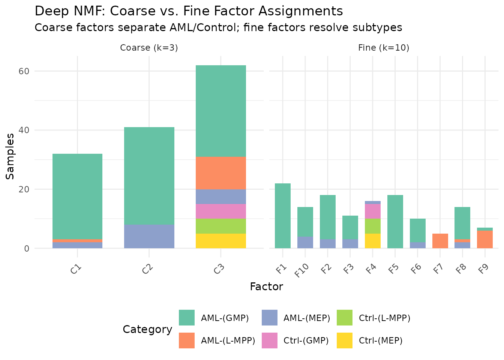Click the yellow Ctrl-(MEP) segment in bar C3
(x=220, y=241)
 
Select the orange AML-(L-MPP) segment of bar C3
(x=220, y=173)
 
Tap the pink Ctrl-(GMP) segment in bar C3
(x=220, y=211)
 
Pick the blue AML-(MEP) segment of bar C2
(x=149, y=236)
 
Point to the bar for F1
(x=283, y=216)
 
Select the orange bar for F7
(x=440, y=241)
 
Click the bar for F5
(x=395, y=222)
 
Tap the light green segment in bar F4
(x=372, y=226)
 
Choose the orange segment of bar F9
(x=485, y=239)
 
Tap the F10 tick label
(x=302, y=270)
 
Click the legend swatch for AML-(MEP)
(x=269, y=318)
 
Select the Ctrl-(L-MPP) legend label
(x=384, y=318)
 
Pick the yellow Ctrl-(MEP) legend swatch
(x=345, y=340)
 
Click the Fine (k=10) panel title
(x=384, y=48)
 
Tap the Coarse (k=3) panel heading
(x=149, y=48)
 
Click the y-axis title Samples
(x=10, y=156)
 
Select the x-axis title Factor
(x=266, y=287)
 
